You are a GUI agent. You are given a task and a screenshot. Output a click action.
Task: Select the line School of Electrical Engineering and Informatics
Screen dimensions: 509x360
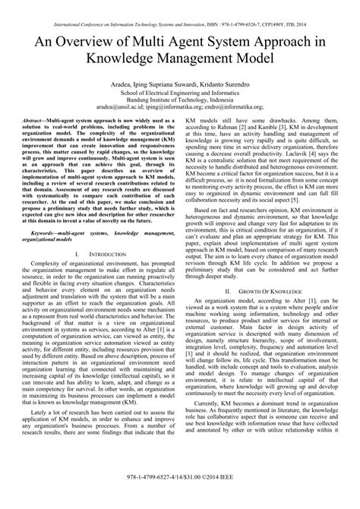pos(179,97)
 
